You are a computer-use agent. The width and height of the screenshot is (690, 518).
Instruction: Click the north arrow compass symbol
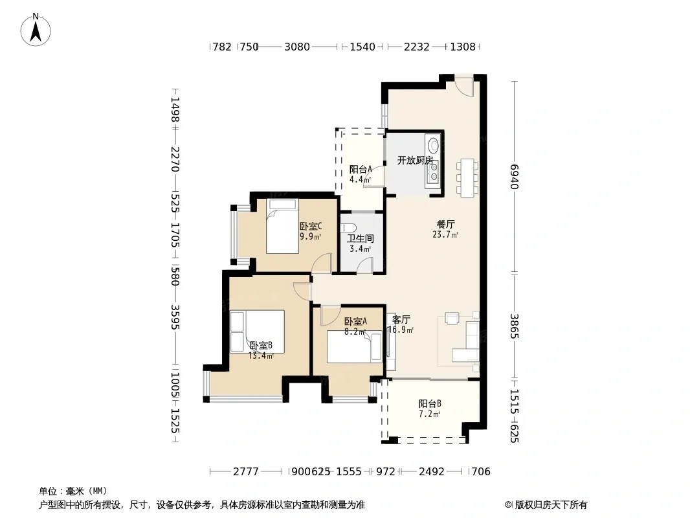tap(36, 30)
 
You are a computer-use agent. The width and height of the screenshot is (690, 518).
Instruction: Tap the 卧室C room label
tap(311, 226)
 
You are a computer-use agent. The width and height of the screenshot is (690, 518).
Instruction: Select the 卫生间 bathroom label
tap(361, 238)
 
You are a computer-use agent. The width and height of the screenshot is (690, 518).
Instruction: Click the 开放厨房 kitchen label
tap(415, 160)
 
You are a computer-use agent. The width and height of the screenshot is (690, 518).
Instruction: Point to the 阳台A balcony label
tap(361, 170)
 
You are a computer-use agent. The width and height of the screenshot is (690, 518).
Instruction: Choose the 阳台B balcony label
tap(430, 403)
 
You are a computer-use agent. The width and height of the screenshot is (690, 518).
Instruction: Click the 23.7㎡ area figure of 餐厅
tap(445, 234)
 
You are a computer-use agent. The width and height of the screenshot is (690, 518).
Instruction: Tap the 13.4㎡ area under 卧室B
tap(261, 355)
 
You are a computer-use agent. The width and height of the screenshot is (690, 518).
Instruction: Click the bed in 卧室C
tap(282, 226)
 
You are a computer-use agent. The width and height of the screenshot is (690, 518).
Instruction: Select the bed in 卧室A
tap(355, 347)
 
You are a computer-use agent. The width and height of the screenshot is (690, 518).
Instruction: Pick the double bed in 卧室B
tap(257, 332)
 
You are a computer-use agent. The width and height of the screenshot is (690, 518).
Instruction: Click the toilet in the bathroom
tap(348, 227)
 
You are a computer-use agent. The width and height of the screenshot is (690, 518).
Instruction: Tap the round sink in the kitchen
tap(434, 145)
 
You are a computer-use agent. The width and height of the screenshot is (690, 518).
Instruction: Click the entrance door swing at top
tap(464, 87)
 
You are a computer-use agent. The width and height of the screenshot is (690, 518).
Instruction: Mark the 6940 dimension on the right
tap(515, 177)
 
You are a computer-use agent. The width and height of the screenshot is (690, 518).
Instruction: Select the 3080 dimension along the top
tap(297, 47)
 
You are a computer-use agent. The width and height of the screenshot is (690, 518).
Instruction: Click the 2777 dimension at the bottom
tap(245, 472)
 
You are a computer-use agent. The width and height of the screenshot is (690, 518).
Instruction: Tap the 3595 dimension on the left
tap(175, 317)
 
